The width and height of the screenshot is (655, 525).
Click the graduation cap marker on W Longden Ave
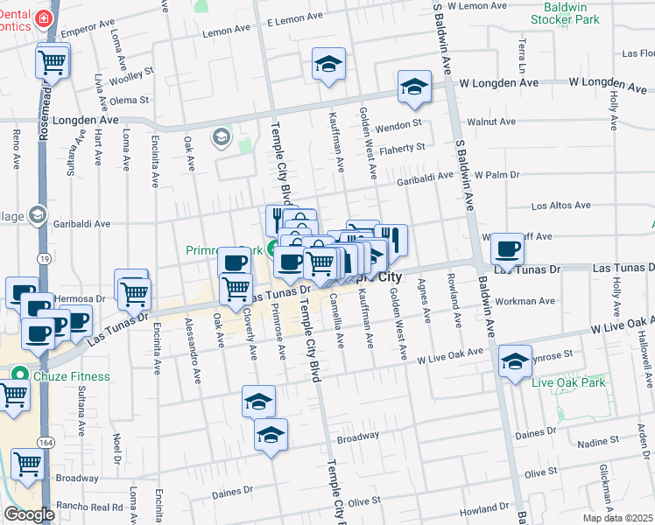(x=415, y=87)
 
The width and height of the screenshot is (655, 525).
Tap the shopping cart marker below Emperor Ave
(x=53, y=61)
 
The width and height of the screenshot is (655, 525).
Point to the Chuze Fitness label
(x=72, y=376)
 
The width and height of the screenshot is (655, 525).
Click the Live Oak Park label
(x=568, y=382)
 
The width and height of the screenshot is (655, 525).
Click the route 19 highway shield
(x=43, y=258)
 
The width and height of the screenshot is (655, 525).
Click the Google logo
(x=29, y=514)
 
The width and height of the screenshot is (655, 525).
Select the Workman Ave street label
(x=525, y=302)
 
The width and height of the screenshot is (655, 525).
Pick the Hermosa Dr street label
(x=74, y=299)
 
